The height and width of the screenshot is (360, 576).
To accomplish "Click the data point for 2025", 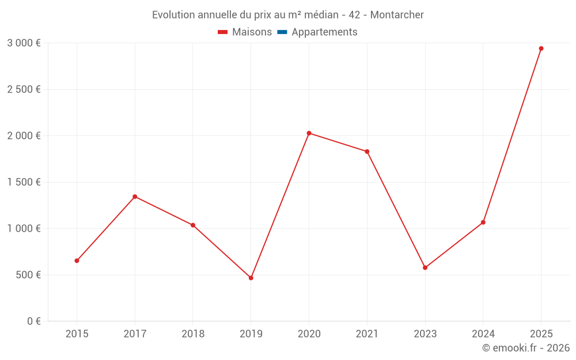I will pos(541,48).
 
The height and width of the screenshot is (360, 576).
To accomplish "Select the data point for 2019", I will pos(251,278).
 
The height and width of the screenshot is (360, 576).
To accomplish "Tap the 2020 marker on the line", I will pos(309,133).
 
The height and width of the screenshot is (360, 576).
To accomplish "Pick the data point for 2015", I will pos(77,260).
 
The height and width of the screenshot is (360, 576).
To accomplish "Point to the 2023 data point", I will pos(425,268).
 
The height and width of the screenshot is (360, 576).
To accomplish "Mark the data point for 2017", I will pos(135,196).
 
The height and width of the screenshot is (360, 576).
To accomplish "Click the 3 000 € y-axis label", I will pos(24,43).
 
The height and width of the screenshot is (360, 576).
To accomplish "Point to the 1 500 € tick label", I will pos(24,182).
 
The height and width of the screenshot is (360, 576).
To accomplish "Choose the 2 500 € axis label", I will pos(24,89).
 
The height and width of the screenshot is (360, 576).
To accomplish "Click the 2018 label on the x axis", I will pos(193,334).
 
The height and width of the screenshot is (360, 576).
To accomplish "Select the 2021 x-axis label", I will pos(367,334).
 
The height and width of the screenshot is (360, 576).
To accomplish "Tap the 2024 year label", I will pos(483,334).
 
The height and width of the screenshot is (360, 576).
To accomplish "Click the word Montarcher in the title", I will pos(397,15).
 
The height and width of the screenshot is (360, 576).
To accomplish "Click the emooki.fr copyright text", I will pos(526,348).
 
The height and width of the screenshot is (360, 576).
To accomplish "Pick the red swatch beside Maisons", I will pos(223,32).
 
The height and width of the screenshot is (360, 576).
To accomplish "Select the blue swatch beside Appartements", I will pos(282,32).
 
